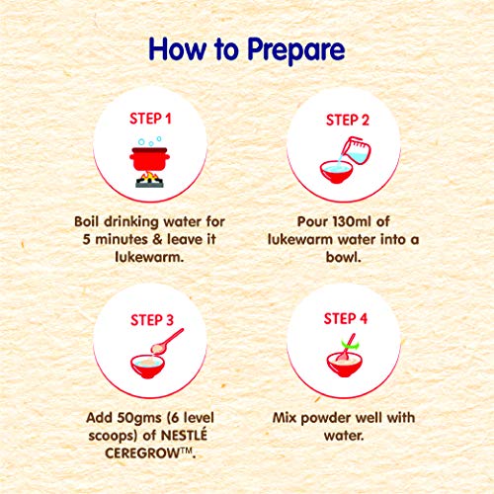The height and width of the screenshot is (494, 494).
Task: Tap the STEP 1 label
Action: (150, 119)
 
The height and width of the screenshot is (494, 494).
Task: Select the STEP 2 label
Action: (348, 121)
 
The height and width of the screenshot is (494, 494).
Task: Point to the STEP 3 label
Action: (152, 320)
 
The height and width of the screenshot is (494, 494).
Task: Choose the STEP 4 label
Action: (346, 319)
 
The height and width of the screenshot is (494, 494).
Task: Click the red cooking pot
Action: (149, 159)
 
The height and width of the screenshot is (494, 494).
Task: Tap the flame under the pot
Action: (149, 177)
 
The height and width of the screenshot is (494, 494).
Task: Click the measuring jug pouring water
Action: (356, 150)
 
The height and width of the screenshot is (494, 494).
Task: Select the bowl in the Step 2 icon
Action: (336, 172)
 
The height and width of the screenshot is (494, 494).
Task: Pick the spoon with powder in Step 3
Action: (167, 342)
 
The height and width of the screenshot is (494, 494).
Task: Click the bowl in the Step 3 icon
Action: (147, 367)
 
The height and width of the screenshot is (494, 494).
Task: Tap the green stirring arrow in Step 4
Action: (351, 345)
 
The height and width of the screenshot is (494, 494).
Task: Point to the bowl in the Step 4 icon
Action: (345, 365)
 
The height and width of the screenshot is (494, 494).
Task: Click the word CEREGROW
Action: (142, 453)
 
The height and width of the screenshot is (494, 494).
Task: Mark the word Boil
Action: (86, 221)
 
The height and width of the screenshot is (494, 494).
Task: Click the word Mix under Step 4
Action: (285, 418)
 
